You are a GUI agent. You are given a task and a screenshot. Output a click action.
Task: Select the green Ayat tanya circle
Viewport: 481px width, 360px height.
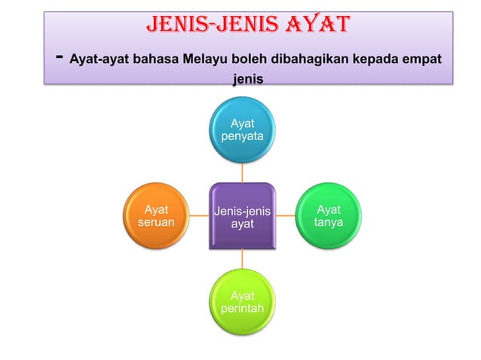point(328,216)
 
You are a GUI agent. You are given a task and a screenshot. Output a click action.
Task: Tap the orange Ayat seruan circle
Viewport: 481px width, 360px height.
point(156,216)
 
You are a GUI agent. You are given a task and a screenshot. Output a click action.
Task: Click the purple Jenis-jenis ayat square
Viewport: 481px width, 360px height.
point(242,217)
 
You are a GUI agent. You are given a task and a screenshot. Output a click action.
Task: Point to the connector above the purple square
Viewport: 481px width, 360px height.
point(242,172)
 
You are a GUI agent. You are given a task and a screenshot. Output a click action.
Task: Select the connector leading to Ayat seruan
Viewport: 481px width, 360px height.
point(199,215)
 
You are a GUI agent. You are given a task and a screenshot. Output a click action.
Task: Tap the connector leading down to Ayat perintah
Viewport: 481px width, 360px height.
point(242,259)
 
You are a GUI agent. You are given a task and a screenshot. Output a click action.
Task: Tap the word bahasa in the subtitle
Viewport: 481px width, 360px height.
point(156,59)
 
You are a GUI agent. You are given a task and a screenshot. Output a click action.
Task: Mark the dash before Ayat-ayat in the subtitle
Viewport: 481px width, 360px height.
point(59,57)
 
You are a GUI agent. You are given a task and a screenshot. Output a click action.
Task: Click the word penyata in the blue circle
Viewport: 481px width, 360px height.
point(242,137)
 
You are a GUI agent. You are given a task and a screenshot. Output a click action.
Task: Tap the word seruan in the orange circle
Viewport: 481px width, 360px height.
point(156,223)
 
